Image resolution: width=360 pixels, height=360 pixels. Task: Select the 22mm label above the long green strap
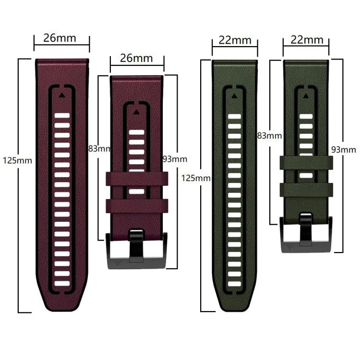[x=235, y=40]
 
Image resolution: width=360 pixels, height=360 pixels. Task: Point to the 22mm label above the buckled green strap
[x=306, y=40]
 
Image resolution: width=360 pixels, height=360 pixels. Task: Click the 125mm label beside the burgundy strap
[x=17, y=160]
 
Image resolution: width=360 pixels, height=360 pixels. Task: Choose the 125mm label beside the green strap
[x=196, y=178]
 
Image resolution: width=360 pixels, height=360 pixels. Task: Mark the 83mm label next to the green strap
[x=269, y=136]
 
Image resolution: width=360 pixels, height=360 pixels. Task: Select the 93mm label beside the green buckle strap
[x=344, y=150]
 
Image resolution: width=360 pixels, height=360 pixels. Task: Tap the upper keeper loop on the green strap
[x=306, y=163]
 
